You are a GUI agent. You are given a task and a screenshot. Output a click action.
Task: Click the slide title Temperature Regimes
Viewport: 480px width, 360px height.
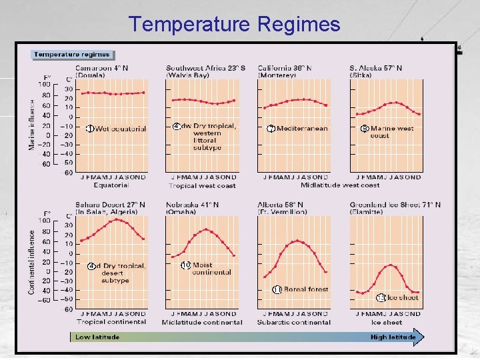pyautogui.click(x=235, y=24)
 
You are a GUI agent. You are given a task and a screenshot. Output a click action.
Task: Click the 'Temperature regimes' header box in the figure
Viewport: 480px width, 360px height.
pyautogui.click(x=73, y=55)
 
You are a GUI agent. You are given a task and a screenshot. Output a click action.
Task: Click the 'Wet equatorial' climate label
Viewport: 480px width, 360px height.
pyautogui.click(x=120, y=129)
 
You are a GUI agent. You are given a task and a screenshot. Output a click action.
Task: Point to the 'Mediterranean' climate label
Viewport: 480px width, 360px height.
pyautogui.click(x=301, y=129)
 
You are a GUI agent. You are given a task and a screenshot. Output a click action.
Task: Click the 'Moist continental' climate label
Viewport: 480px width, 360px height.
pyautogui.click(x=211, y=269)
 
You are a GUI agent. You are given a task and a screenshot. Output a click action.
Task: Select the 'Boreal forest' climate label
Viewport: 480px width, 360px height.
pyautogui.click(x=305, y=289)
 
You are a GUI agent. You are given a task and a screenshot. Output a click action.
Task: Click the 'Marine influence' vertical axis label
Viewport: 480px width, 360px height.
pyautogui.click(x=32, y=125)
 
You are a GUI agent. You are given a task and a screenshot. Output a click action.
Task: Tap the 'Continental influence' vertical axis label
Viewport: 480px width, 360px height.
pyautogui.click(x=32, y=262)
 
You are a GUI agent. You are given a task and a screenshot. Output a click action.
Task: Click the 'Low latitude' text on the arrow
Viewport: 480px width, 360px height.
pyautogui.click(x=97, y=337)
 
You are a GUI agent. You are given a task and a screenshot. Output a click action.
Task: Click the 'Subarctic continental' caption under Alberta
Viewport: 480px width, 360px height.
pyautogui.click(x=293, y=323)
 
